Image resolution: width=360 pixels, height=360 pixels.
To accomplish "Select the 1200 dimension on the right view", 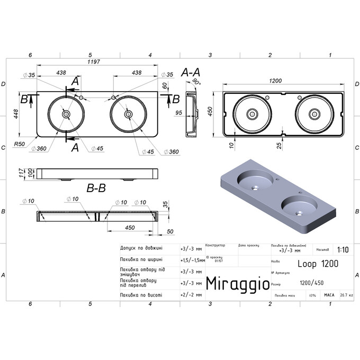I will (x=275, y=80).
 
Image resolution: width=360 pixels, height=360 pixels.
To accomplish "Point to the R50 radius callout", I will (x=20, y=144).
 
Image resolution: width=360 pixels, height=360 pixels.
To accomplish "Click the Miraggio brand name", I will (x=236, y=284).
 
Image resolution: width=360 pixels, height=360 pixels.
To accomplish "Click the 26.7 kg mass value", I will (x=346, y=295).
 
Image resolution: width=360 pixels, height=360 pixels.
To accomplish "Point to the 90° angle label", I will (x=197, y=82).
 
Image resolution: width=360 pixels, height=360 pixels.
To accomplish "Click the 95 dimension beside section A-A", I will (x=178, y=112).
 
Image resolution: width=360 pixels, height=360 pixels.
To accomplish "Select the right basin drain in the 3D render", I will (x=299, y=213).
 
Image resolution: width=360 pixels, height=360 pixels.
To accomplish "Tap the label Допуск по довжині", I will (x=141, y=248).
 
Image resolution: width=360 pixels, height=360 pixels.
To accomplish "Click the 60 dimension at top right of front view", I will (x=165, y=85).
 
